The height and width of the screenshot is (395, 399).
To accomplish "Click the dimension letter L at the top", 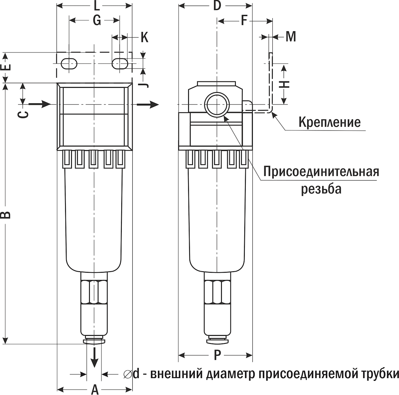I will pos(95,6).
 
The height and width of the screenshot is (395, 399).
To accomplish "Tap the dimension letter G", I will pos(96,21).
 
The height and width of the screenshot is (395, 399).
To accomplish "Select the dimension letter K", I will pos(144,37).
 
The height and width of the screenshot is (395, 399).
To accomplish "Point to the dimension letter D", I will pos(217,6).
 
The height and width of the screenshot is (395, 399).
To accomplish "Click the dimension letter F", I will pos(244,21).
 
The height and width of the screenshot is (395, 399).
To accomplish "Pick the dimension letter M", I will pos(291,37).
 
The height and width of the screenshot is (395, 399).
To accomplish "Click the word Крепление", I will pos(329,122).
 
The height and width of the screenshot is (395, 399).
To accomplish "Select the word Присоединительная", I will pos(321,172).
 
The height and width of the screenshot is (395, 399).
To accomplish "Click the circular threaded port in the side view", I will pos(217,104).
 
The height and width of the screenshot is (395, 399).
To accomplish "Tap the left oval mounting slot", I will pos(69,64).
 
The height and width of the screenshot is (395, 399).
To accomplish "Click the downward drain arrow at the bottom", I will pos(95,357).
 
